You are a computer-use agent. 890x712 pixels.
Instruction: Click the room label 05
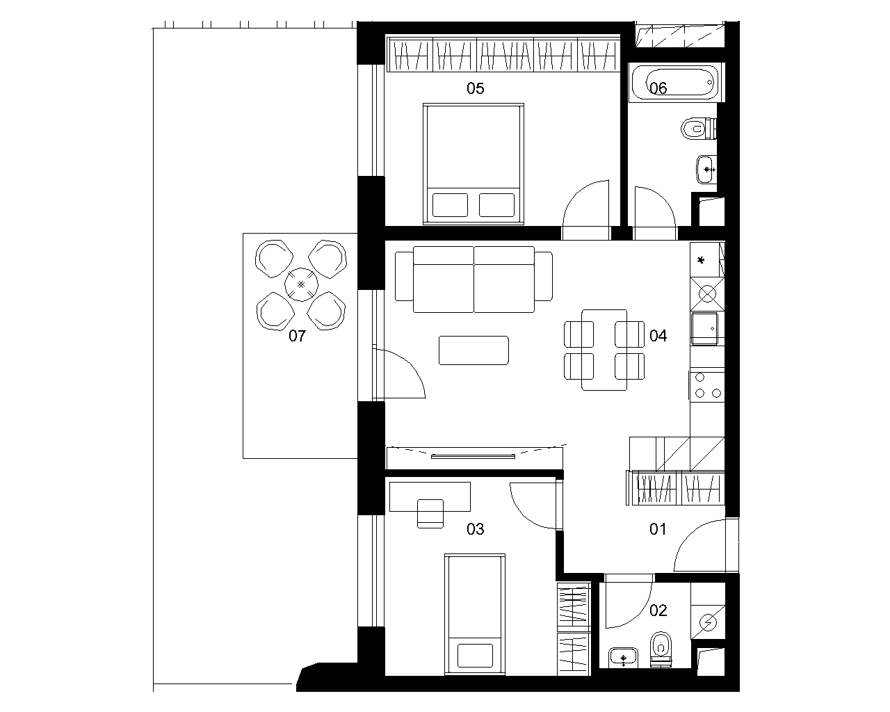pos(475,88)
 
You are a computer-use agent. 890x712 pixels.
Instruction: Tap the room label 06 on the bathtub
pos(658,88)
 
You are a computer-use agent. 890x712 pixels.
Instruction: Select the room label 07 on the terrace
pos(297,336)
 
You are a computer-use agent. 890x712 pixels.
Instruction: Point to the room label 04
pos(658,336)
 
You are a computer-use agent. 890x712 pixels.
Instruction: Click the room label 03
pos(475,528)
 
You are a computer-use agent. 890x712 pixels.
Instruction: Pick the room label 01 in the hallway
pos(658,528)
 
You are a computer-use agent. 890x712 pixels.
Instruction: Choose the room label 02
pos(658,610)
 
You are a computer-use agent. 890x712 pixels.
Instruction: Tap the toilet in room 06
pos(699,129)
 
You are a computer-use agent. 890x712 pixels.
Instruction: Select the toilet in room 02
pos(661,649)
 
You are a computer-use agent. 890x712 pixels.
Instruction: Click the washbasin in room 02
pos(624,657)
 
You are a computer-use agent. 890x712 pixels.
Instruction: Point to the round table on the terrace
pos(302,284)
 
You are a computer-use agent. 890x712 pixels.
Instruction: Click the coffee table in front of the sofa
pos(474,350)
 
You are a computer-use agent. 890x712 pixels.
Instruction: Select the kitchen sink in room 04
pos(705,328)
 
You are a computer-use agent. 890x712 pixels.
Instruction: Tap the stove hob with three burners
pos(707,386)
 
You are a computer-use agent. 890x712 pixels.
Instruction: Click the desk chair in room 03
pos(430,513)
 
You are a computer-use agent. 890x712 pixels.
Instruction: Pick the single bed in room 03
pos(475,615)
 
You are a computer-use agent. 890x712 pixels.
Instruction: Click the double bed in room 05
pos(474,164)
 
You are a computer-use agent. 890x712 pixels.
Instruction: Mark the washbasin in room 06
pos(707,169)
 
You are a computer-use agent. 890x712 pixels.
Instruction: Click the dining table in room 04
pos(604,350)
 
